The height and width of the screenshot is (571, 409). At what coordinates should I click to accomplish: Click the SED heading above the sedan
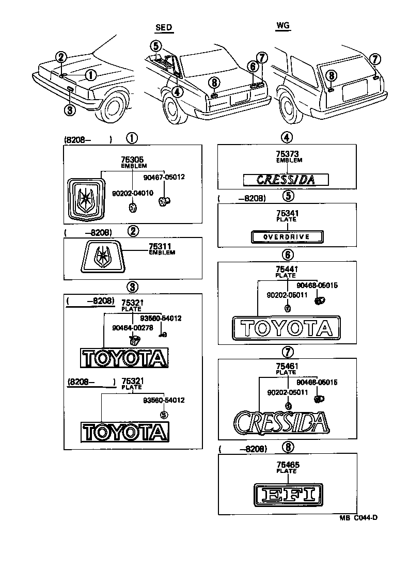tap(164, 27)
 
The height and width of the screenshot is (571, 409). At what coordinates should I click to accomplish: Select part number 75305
tap(132, 161)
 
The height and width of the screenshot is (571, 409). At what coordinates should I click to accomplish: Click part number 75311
tap(160, 247)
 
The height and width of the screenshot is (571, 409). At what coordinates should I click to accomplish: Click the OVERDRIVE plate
tap(287, 237)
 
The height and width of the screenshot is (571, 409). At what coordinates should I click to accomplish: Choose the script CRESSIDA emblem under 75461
tap(280, 422)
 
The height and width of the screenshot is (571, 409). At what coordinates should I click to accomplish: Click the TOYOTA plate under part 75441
tap(286, 328)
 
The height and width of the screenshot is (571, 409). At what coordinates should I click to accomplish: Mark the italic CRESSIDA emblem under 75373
tap(286, 180)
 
